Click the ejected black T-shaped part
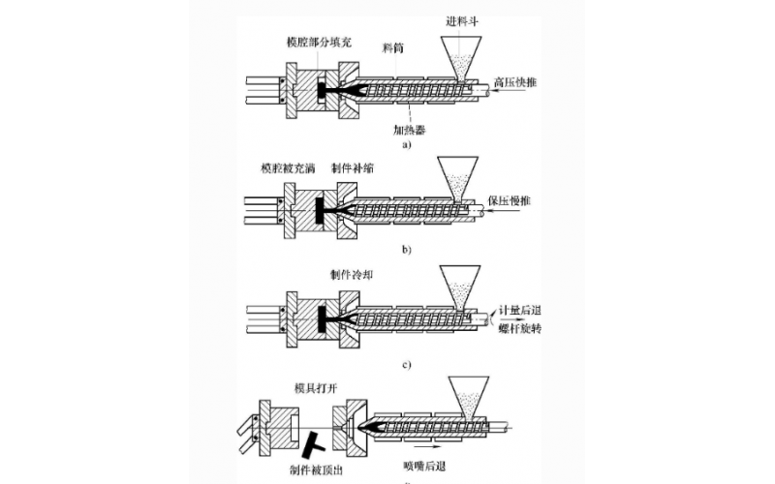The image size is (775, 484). pyautogui.click(x=314, y=442)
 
